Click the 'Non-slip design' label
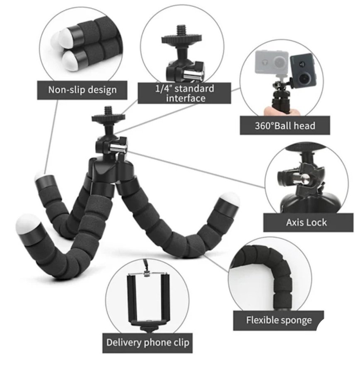pos(82,90)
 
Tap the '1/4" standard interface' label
pos(184,93)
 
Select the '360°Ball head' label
pos(285,125)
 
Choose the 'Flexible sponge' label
pos(279,320)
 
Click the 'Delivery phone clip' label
pos(147,343)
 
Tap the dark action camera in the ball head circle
pos(303,70)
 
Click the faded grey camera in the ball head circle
pos(272,62)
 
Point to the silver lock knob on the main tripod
pos(118,148)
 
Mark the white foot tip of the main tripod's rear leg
pos(39,176)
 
